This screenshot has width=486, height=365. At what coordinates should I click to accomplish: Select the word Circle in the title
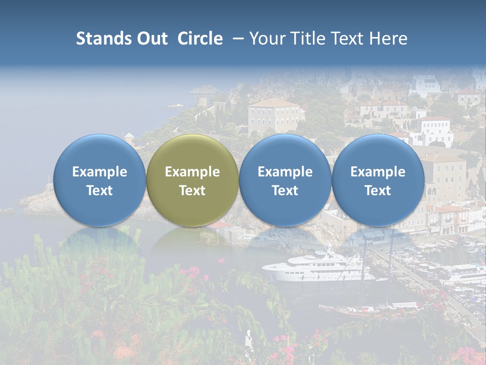[x=199, y=39]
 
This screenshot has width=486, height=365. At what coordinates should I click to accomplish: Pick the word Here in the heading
[x=388, y=39]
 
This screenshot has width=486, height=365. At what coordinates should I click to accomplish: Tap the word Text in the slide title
[x=349, y=39]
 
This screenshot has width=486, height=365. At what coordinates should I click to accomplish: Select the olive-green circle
[x=192, y=180]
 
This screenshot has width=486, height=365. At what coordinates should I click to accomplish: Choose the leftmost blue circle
[x=99, y=180]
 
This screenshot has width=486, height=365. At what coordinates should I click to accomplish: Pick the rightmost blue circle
[x=378, y=180]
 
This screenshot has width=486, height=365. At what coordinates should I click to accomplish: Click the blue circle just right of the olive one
[x=285, y=180]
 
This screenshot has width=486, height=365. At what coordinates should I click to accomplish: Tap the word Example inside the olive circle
[x=192, y=172]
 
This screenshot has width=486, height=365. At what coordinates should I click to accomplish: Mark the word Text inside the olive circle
[x=192, y=191]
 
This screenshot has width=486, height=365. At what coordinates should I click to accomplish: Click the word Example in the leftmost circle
[x=99, y=172]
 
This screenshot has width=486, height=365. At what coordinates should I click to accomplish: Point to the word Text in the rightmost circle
[x=378, y=191]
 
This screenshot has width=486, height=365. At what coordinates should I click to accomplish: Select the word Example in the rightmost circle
[x=378, y=172]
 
